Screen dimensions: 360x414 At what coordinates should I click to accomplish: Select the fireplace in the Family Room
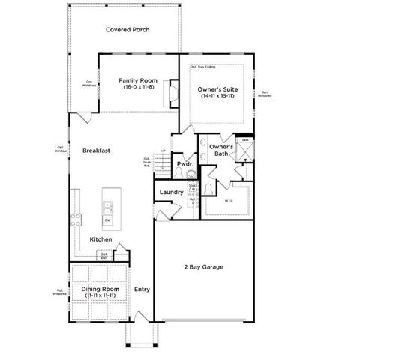(x=172, y=92)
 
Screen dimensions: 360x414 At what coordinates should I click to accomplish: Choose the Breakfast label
(x=97, y=150)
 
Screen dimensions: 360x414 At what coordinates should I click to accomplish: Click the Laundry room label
(x=172, y=192)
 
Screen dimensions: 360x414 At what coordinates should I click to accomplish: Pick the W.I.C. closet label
(x=229, y=201)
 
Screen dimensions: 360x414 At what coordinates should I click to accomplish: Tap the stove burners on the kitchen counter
(x=75, y=220)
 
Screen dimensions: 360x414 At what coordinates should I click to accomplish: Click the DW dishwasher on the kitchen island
(x=107, y=220)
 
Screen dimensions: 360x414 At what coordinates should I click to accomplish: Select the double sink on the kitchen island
(x=107, y=207)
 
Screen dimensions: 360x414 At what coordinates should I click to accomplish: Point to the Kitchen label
(x=101, y=239)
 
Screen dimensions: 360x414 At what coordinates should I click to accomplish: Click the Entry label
(x=142, y=289)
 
